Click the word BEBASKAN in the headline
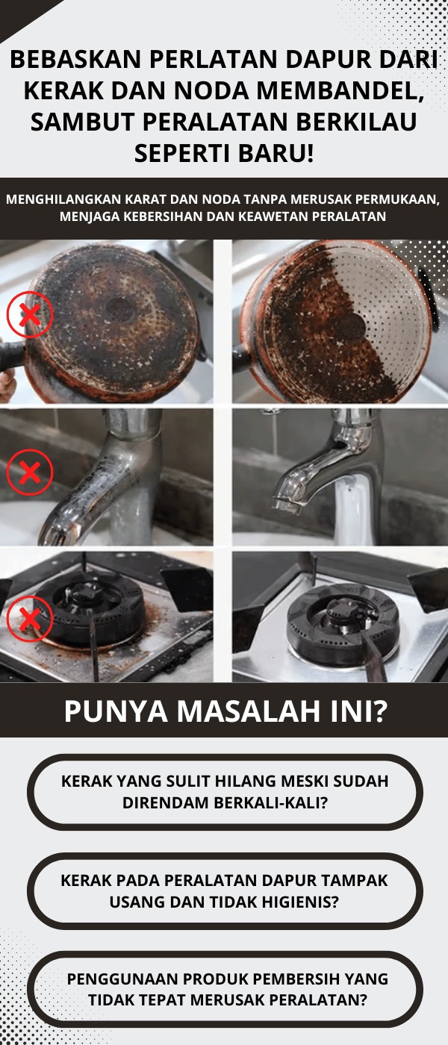[x=75, y=59]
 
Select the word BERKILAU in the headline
[x=357, y=121]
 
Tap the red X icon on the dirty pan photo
[x=30, y=315]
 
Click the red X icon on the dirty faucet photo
[x=30, y=472]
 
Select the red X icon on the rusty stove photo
[x=30, y=619]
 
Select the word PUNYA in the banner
[x=116, y=711]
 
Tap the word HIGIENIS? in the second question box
[x=299, y=902]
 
